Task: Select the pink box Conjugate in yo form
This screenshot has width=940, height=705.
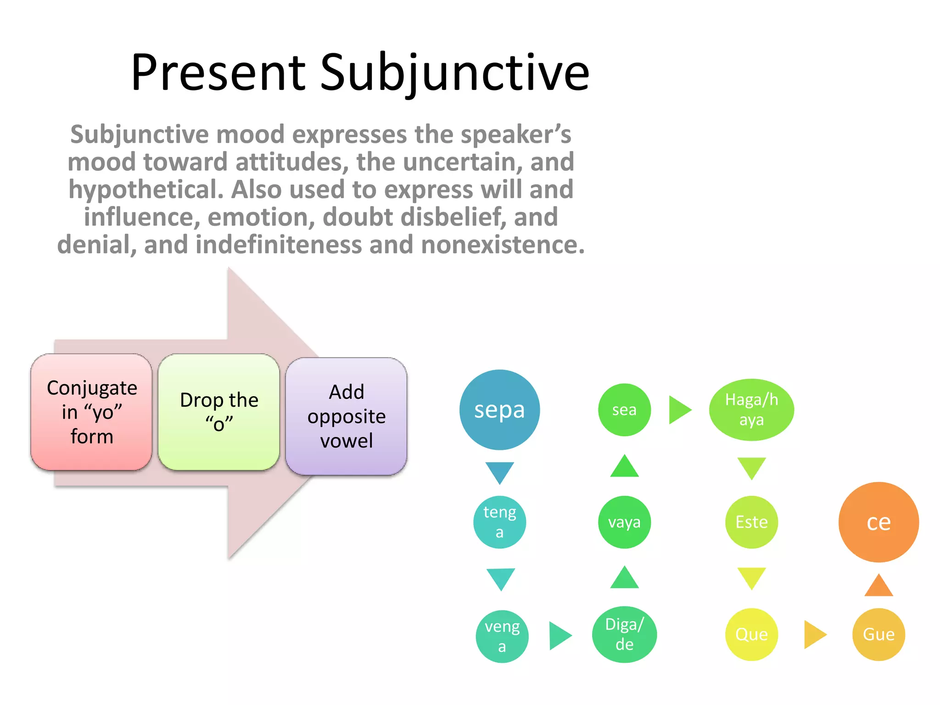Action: [91, 412]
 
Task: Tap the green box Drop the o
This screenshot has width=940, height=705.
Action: [219, 412]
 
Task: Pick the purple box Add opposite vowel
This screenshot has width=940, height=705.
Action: [346, 416]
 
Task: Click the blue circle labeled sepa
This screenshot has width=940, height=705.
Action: [499, 409]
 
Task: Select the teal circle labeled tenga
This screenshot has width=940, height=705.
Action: [499, 522]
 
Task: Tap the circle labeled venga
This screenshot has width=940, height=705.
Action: [502, 636]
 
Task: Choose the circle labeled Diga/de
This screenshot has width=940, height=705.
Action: [624, 634]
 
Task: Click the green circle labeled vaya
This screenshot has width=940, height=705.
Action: [624, 522]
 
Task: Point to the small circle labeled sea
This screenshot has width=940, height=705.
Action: [624, 409]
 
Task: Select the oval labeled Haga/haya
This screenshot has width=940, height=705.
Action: [751, 409]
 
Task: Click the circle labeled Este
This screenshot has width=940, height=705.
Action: [751, 522]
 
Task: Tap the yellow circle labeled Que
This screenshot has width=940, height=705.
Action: [751, 634]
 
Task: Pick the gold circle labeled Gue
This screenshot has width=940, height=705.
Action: [878, 634]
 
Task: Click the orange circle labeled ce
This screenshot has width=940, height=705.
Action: [878, 522]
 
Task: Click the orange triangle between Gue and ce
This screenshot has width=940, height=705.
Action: [878, 587]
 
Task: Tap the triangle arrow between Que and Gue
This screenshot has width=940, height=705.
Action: [814, 634]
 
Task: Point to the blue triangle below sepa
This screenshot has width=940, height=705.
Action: [499, 471]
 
